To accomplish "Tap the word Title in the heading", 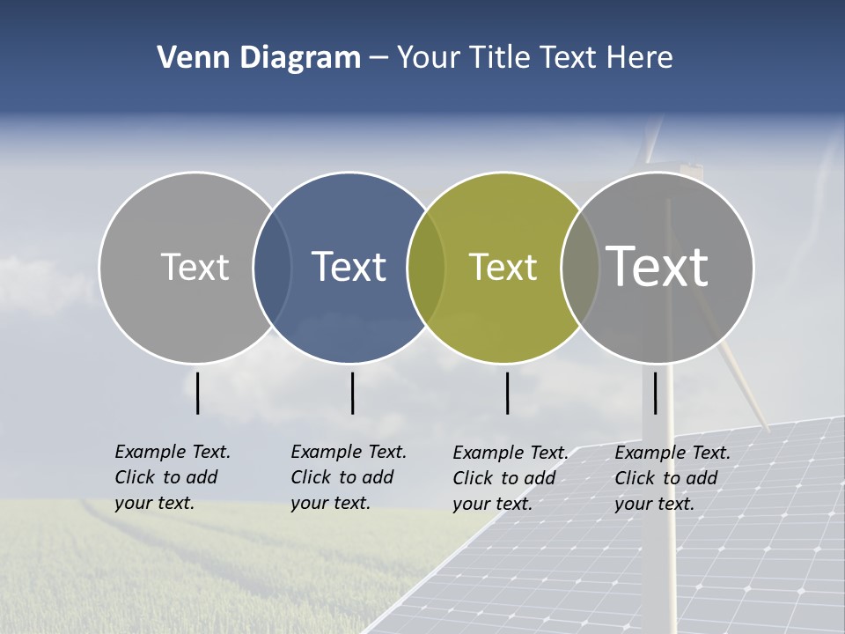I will [505, 58].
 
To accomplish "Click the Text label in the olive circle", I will [503, 267].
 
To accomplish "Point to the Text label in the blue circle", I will [349, 267].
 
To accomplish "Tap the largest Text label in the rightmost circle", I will [658, 266].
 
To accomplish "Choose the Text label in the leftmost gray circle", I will [195, 267].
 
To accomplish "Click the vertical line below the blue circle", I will [352, 393].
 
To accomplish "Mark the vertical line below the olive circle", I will [507, 393].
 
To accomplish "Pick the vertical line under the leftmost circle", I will [197, 393].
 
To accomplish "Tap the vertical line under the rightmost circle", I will [655, 393].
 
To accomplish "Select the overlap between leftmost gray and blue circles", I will [272, 267].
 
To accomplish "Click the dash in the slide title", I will [378, 59].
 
